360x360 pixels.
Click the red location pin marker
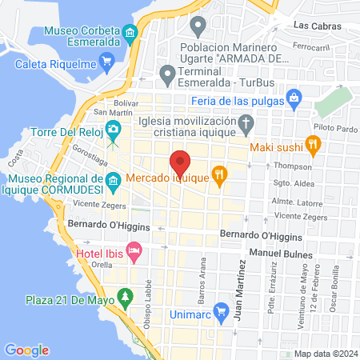[180, 162]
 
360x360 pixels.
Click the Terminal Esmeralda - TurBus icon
[167, 74]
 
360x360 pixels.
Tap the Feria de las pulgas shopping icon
[295, 100]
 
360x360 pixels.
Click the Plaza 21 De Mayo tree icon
[125, 298]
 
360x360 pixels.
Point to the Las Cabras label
[317, 26]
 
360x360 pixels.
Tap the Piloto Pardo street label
[334, 127]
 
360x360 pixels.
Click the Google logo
[26, 350]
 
